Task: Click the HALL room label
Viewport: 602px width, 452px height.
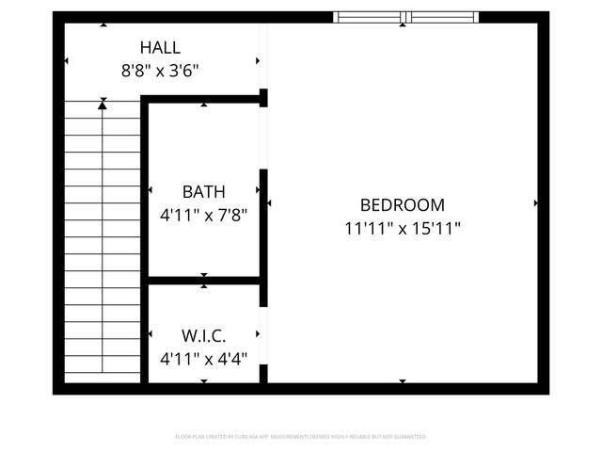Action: click(160, 47)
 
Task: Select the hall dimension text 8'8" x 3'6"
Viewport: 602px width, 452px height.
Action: click(160, 70)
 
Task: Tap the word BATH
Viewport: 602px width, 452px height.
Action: click(204, 192)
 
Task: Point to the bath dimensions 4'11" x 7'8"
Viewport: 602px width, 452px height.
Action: click(204, 215)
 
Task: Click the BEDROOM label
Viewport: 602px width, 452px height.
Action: click(403, 204)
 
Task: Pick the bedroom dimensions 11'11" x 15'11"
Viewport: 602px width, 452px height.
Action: click(403, 227)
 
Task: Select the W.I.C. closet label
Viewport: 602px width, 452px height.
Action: click(204, 335)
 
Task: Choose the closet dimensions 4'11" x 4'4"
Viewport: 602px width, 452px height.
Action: click(204, 358)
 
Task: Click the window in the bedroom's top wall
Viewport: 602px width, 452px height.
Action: click(406, 17)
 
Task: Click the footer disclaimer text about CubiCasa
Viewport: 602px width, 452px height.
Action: click(301, 437)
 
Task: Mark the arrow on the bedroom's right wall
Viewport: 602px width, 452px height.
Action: click(536, 202)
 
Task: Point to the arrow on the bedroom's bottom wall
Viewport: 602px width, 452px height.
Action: click(403, 381)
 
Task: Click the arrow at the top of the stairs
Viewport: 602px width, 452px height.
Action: click(103, 102)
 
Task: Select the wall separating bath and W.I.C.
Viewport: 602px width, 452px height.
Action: click(204, 280)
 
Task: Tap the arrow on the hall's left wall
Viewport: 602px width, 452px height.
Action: click(66, 61)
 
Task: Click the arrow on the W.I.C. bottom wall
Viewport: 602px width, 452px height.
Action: click(204, 381)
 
